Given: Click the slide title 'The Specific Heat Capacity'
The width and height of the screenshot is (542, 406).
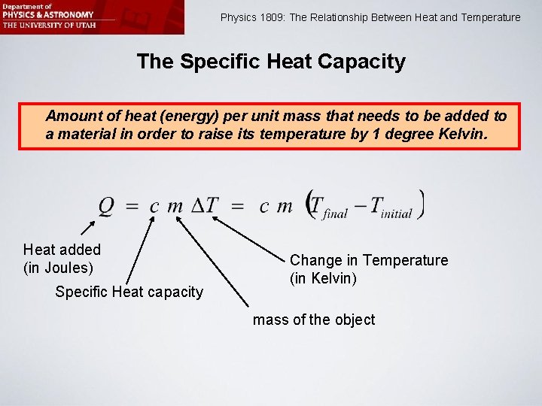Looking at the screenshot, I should [271, 62].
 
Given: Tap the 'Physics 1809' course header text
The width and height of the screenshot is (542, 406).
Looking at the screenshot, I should [370, 17].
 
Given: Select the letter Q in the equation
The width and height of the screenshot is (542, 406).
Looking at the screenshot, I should [107, 205].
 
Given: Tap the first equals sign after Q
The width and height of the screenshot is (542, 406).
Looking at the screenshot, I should [131, 206].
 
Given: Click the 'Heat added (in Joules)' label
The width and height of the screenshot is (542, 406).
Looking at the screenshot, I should [62, 258].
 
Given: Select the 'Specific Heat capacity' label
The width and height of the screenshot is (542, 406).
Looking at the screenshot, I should [129, 292].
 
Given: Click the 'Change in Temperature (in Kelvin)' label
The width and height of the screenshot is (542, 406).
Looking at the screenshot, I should [368, 269].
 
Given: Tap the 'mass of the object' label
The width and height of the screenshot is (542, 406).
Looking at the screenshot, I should [313, 320].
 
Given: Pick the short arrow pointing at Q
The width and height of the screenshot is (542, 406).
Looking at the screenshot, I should [87, 229].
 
